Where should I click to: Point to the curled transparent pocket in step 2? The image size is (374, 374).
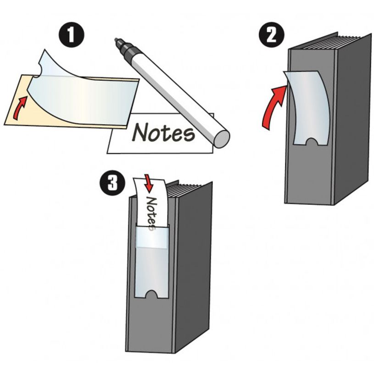306,106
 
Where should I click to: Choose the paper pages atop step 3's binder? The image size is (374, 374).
186,190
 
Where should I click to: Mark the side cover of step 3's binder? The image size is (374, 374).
193,271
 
